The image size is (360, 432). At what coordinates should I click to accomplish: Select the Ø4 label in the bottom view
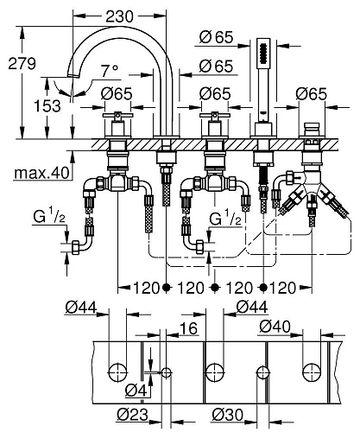(x=130, y=389)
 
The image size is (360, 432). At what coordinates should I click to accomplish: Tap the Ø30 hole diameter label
(x=228, y=414)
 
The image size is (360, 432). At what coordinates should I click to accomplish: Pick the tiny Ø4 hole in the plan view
(x=167, y=372)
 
